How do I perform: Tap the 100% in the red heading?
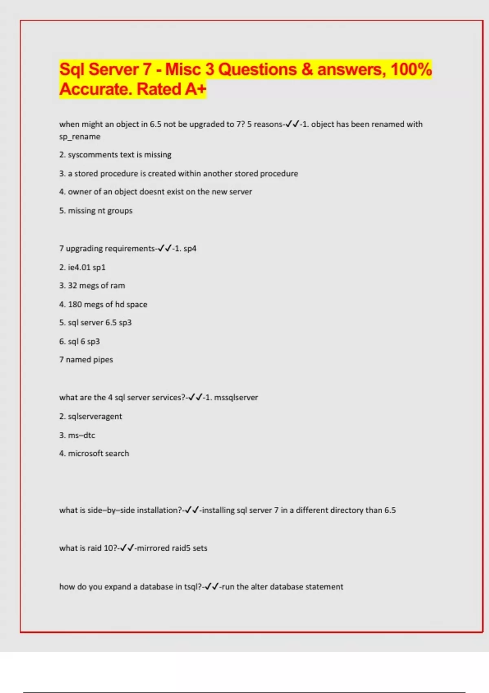click(411, 69)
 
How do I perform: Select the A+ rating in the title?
click(195, 89)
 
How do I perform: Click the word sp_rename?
click(80, 137)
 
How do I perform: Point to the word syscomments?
click(93, 155)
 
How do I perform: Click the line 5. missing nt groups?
click(96, 211)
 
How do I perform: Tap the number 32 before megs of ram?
click(72, 286)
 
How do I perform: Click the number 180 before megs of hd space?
click(75, 305)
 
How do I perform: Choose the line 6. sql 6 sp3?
click(79, 342)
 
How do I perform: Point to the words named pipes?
click(89, 360)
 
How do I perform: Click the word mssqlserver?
click(236, 397)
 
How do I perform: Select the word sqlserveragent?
click(95, 417)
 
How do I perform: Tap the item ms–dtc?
click(81, 435)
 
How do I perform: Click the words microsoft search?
click(98, 454)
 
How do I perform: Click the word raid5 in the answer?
click(181, 548)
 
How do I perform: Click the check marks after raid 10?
click(127, 548)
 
